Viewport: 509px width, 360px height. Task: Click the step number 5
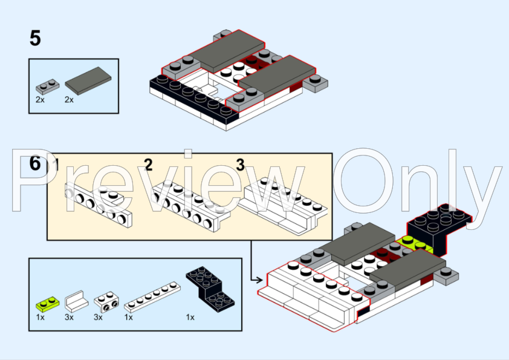pyautogui.click(x=35, y=38)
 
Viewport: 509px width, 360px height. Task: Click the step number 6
pyautogui.click(x=35, y=163)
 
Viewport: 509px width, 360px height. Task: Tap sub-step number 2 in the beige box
pyautogui.click(x=148, y=165)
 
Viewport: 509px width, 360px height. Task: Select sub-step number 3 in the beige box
pyautogui.click(x=240, y=165)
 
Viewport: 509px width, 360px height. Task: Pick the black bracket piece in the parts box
pyautogui.click(x=210, y=288)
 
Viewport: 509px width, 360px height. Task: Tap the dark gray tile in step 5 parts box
pyautogui.click(x=88, y=81)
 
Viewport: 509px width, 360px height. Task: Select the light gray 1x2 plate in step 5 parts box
pyautogui.click(x=47, y=87)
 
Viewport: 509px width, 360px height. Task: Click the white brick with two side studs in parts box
pyautogui.click(x=106, y=302)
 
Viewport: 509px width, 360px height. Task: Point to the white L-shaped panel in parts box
pyautogui.click(x=77, y=301)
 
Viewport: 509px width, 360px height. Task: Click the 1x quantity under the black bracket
pyautogui.click(x=190, y=318)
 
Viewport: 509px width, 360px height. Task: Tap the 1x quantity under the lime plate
pyautogui.click(x=41, y=318)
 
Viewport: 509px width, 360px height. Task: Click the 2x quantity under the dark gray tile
pyautogui.click(x=69, y=100)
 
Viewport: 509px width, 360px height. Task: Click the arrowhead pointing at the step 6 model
pyautogui.click(x=260, y=280)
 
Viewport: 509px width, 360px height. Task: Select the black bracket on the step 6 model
pyautogui.click(x=438, y=227)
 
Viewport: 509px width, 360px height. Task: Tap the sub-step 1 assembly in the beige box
pyautogui.click(x=99, y=205)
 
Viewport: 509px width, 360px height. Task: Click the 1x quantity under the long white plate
pyautogui.click(x=129, y=318)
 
